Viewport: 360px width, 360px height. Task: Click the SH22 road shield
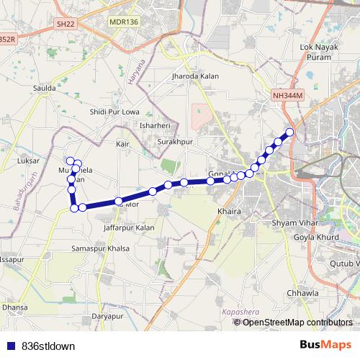[66, 24]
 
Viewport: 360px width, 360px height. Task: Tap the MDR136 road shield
[123, 22]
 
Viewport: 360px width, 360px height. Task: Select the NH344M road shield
[288, 95]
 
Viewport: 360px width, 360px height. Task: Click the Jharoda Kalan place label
[191, 74]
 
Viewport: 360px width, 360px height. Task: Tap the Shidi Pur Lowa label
[114, 112]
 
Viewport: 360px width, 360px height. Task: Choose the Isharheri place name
[153, 125]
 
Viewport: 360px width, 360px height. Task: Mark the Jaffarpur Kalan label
[129, 228]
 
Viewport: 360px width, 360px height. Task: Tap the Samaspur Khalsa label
[100, 248]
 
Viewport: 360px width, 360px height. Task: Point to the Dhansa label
[14, 307]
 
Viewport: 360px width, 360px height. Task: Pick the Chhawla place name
[302, 293]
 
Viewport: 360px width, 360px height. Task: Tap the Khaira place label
[228, 212]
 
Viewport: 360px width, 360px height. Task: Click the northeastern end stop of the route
[290, 132]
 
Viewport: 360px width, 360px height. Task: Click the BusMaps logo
[326, 345]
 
